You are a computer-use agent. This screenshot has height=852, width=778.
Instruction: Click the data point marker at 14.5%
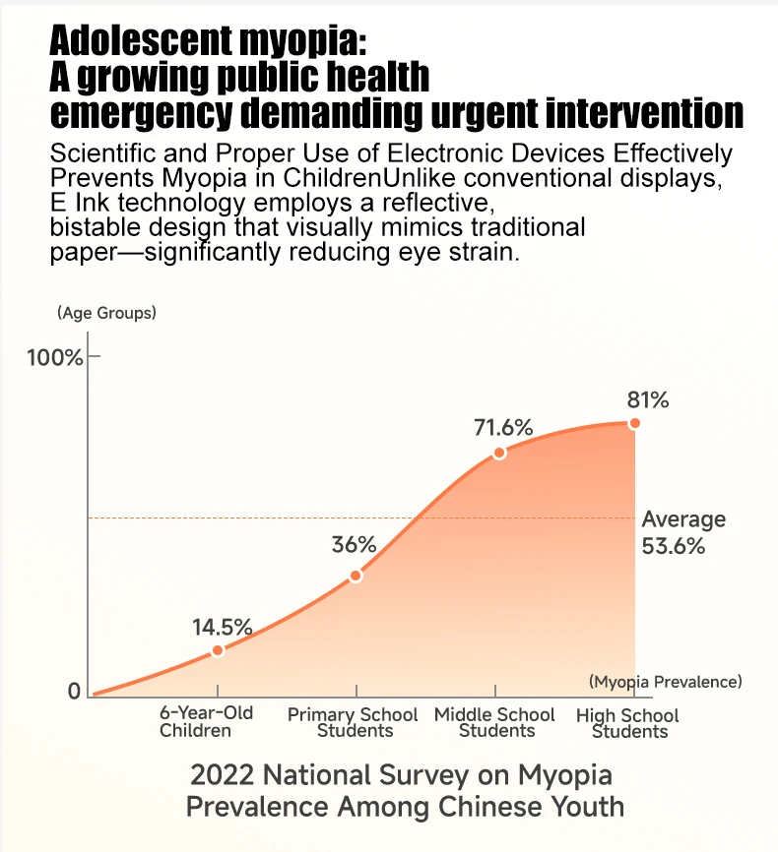(x=218, y=650)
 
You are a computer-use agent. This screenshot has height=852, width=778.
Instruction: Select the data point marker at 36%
(x=356, y=576)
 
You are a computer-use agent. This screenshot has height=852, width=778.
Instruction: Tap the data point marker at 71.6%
(x=499, y=453)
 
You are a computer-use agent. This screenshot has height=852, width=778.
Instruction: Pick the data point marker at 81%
(x=634, y=423)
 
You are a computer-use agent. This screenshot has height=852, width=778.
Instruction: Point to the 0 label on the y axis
(x=74, y=692)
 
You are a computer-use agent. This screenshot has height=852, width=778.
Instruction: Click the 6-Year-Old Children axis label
(x=206, y=722)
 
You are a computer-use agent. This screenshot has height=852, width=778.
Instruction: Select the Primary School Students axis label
(x=353, y=722)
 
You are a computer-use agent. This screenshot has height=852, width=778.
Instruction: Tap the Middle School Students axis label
(x=495, y=722)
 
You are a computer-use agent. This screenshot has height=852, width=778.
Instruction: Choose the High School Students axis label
(x=628, y=723)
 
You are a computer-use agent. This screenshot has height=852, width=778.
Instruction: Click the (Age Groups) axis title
(x=106, y=314)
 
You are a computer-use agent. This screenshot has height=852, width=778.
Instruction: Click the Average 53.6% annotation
(x=682, y=532)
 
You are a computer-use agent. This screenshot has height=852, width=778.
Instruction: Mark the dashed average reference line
(x=295, y=517)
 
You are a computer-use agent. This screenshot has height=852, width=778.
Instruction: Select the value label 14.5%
(x=222, y=627)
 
